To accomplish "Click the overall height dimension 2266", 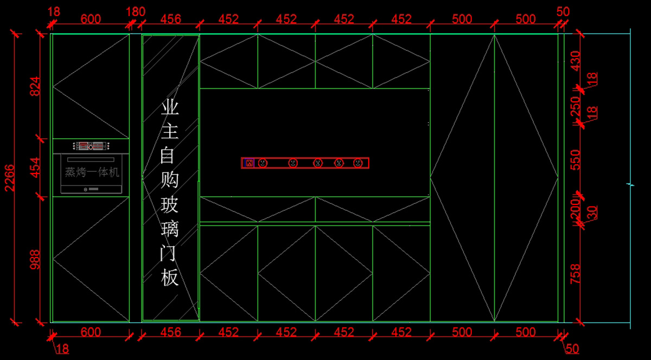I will point(9,178).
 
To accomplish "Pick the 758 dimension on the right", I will point(575,274).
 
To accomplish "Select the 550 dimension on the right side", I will point(575,160).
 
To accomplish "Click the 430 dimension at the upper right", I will point(575,61).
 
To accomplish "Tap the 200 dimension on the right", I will point(575,208).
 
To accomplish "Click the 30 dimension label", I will point(592,212).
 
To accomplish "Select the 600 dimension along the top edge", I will point(91,19).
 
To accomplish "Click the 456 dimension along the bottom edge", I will point(171,332).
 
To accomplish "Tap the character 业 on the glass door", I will point(170,108).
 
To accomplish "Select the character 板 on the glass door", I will point(170,278).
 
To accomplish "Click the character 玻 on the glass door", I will point(170,205).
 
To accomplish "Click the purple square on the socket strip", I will point(250,163).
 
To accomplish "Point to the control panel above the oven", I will point(91,145).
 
